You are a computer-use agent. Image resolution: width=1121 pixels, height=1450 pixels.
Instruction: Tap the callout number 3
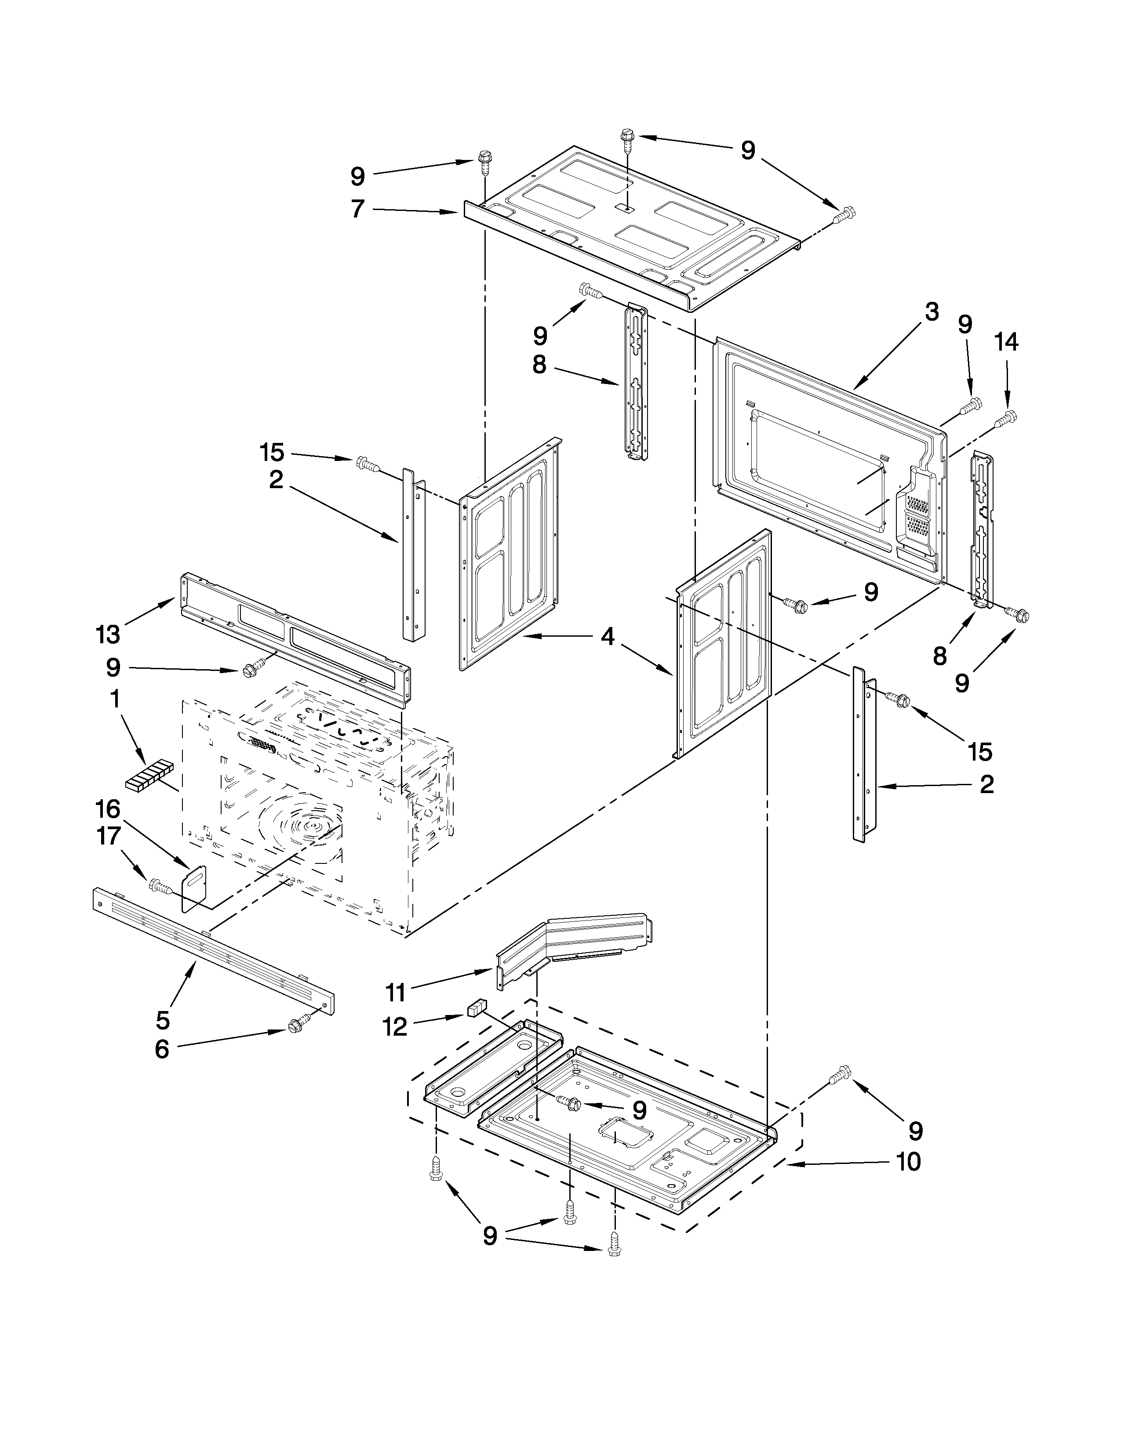[x=932, y=312]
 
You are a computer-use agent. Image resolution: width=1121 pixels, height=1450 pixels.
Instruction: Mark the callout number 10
[x=909, y=1162]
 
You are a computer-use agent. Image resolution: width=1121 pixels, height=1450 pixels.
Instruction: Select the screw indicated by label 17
[x=160, y=885]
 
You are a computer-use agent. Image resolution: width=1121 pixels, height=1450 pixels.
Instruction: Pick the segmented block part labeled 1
[x=147, y=777]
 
